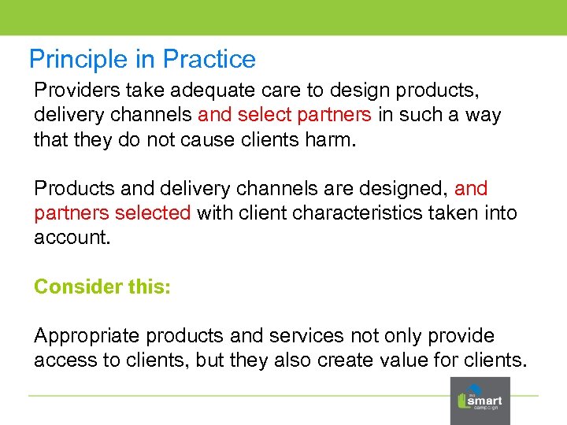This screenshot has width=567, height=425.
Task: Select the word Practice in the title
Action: click(x=209, y=60)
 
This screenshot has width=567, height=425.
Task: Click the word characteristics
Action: click(x=361, y=213)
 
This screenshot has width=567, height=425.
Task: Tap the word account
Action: click(x=69, y=238)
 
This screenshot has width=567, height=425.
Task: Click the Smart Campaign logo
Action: click(x=480, y=400)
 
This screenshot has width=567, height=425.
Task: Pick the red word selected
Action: click(x=152, y=213)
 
